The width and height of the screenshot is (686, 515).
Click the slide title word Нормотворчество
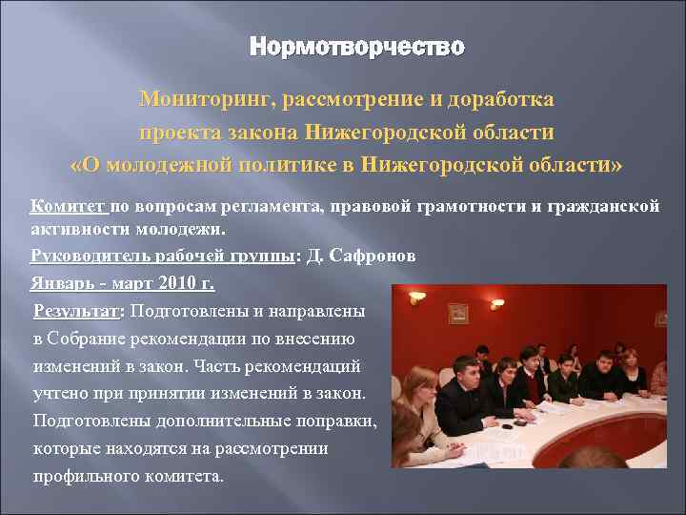click(x=356, y=47)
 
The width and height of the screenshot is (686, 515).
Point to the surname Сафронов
click(x=373, y=256)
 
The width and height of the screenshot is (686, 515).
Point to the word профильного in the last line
click(x=81, y=476)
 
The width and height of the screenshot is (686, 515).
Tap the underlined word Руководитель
click(x=87, y=256)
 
